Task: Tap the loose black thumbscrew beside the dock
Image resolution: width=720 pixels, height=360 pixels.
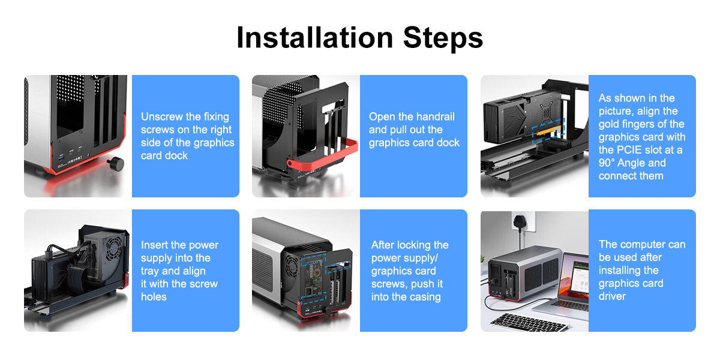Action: click(115, 163)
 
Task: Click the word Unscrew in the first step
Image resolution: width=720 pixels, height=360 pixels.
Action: click(163, 116)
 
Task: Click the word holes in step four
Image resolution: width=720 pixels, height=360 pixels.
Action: click(154, 296)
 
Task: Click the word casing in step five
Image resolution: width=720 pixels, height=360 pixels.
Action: click(424, 296)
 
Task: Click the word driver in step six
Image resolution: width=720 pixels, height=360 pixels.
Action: click(612, 296)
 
